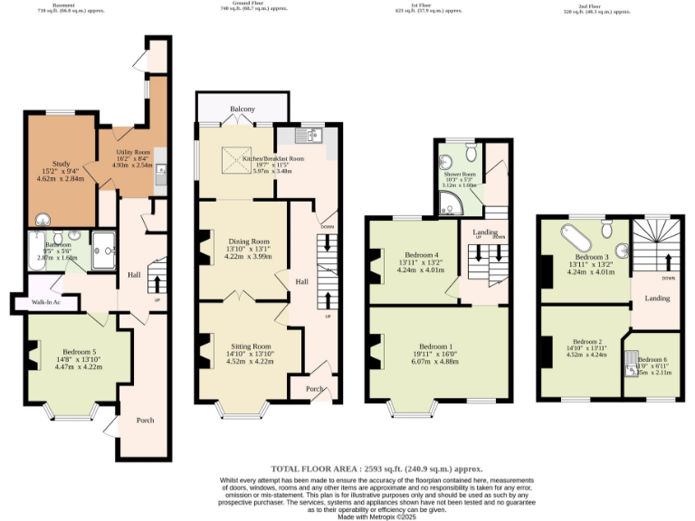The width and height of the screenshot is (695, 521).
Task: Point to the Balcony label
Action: tap(242, 109)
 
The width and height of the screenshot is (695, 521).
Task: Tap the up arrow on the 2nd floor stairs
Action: tap(669, 261)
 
